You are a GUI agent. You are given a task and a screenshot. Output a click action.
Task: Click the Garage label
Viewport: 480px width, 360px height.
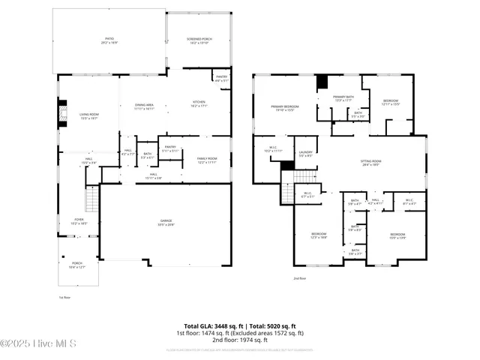(165, 221)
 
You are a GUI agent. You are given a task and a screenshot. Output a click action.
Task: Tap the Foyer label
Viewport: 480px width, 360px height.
(79, 220)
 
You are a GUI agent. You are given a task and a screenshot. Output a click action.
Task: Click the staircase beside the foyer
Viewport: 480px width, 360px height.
(91, 200)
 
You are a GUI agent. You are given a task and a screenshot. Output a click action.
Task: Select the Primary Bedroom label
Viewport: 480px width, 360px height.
(286, 106)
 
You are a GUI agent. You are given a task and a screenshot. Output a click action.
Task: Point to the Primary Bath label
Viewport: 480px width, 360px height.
(344, 97)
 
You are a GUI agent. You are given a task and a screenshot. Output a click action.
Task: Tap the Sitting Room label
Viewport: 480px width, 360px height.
(371, 162)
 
